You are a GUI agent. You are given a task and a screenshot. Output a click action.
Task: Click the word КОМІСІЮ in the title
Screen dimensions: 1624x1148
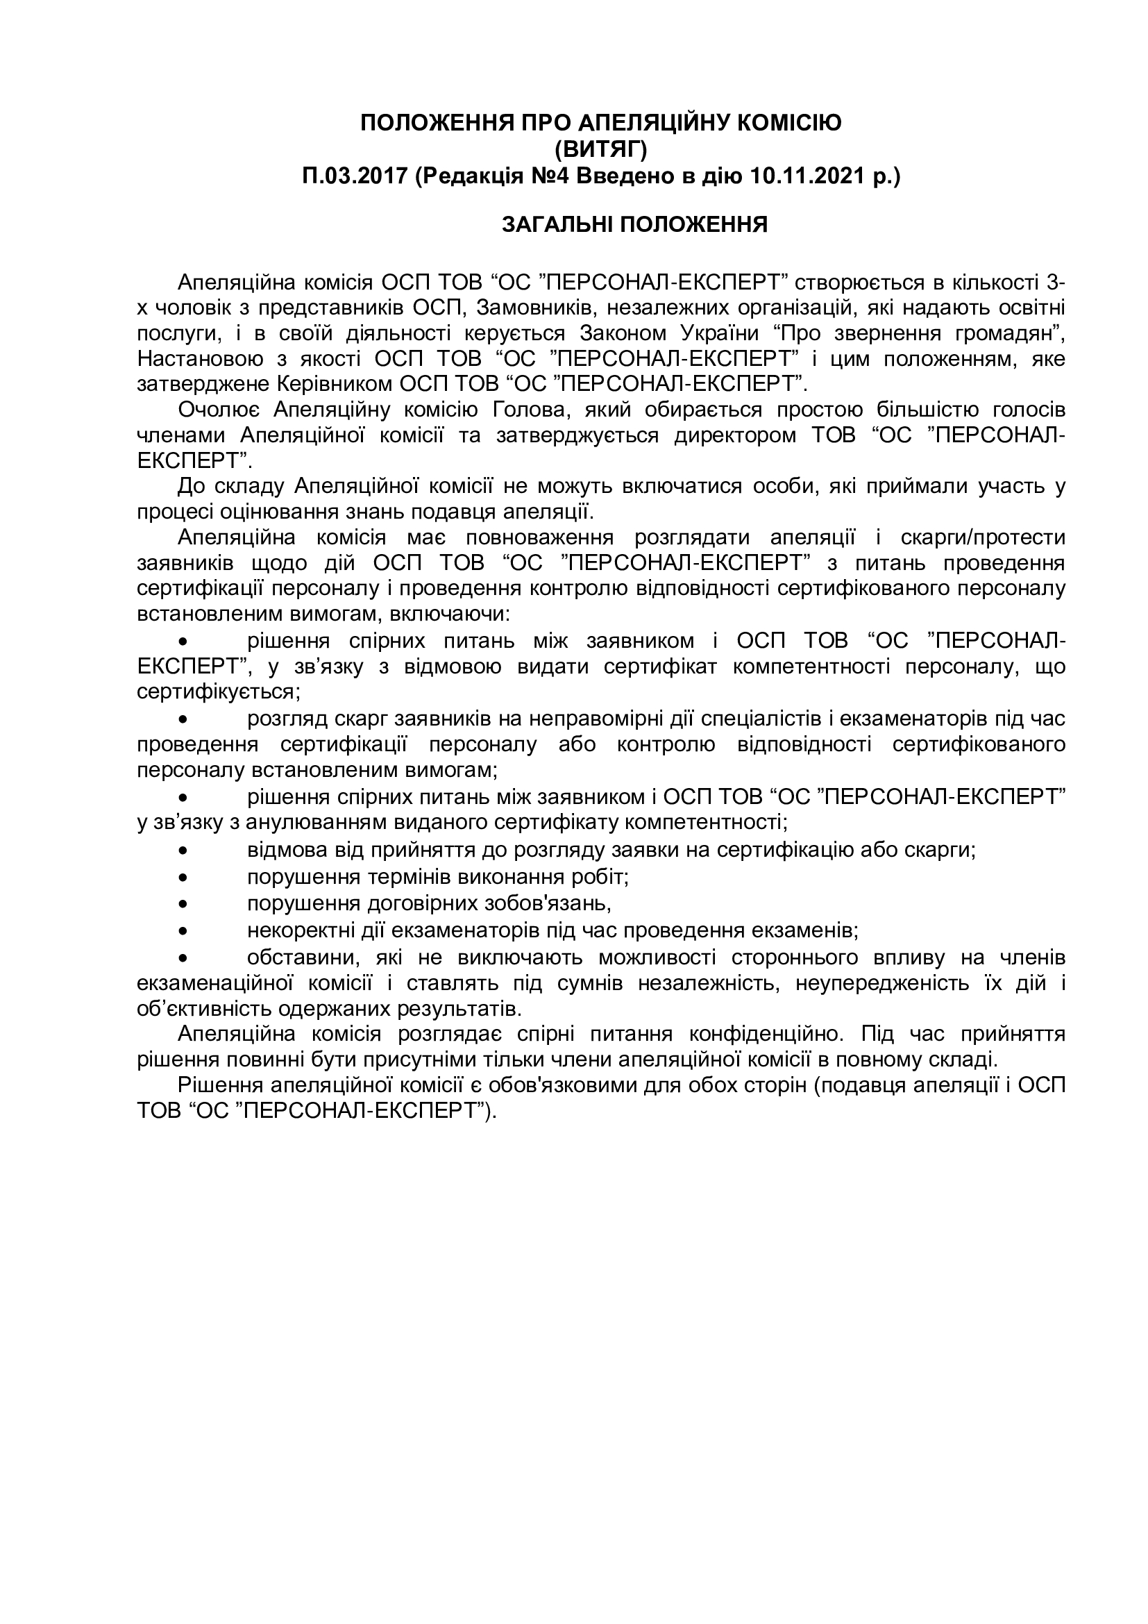(x=789, y=123)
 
